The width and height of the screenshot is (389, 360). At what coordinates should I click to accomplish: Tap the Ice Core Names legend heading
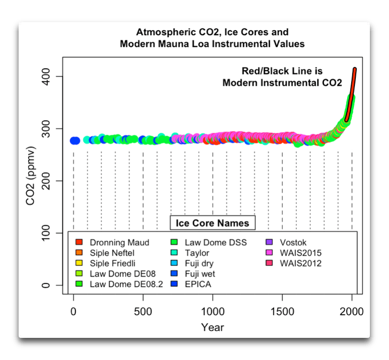point(212,222)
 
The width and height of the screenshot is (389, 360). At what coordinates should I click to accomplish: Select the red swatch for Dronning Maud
point(78,242)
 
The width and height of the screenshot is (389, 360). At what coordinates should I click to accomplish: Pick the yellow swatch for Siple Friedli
point(78,263)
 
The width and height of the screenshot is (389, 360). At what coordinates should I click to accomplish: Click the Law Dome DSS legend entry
point(216,242)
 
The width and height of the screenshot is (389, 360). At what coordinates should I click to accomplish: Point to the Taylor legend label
point(198,253)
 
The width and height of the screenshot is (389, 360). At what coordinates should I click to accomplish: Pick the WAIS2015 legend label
point(301,253)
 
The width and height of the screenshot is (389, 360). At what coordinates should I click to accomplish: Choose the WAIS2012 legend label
point(301,263)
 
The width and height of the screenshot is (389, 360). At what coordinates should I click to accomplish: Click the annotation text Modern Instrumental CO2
point(282,82)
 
